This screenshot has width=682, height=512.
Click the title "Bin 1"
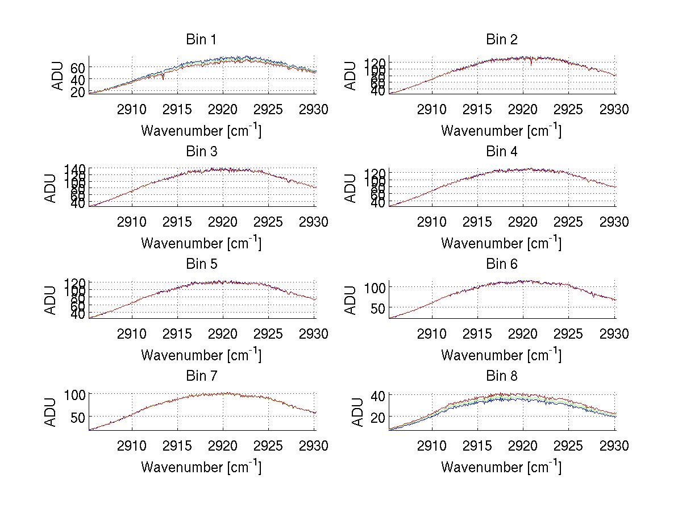coord(201,40)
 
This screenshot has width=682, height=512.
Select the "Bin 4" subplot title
coord(501,152)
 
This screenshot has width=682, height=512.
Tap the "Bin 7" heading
coord(201,376)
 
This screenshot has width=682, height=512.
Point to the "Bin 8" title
coord(501,376)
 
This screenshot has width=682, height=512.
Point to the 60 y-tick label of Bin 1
coord(77,67)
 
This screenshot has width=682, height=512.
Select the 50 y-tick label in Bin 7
coord(77,417)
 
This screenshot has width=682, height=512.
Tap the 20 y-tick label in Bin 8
coord(377,417)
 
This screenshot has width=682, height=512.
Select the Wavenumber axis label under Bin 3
coord(201,243)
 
